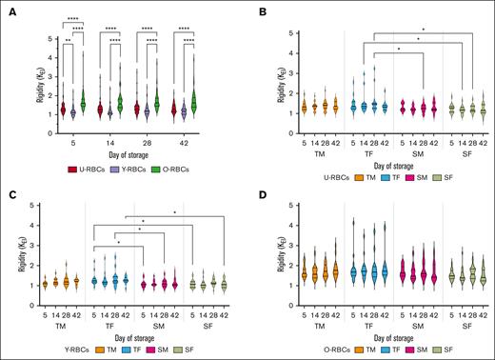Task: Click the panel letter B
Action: (256, 8)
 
